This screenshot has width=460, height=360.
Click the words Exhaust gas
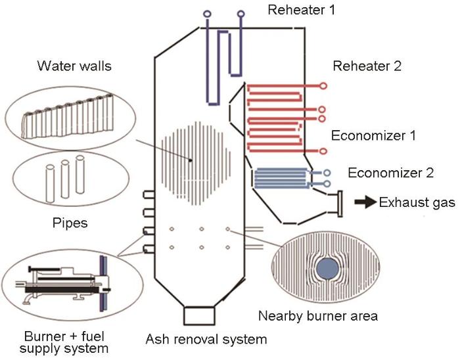click(417, 202)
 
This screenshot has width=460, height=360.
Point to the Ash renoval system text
click(206, 340)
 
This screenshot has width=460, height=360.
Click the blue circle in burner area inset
click(325, 269)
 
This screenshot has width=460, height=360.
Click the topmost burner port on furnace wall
click(148, 195)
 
